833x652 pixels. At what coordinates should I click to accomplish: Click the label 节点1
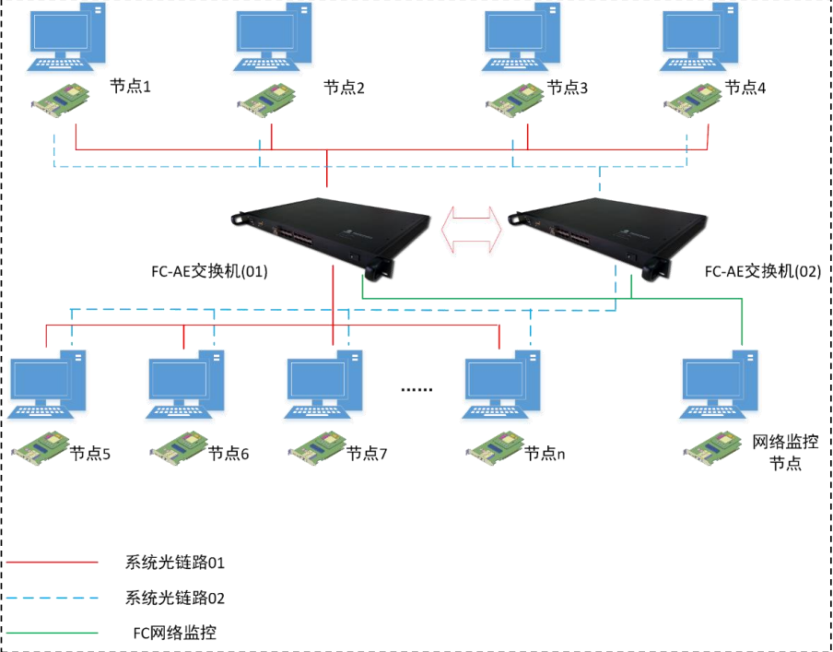tap(130, 87)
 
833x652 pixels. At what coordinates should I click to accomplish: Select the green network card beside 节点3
tap(515, 96)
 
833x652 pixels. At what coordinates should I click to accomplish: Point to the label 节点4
tap(745, 88)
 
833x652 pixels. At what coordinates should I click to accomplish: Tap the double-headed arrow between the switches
tap(473, 226)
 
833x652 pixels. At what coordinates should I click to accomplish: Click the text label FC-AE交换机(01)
tap(209, 272)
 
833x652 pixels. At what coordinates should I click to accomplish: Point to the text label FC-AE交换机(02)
tap(761, 272)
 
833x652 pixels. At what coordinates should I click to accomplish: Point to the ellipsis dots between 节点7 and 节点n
tap(416, 389)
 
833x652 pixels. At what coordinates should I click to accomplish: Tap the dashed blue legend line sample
tap(51, 598)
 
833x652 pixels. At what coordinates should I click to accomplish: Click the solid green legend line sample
tap(51, 633)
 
